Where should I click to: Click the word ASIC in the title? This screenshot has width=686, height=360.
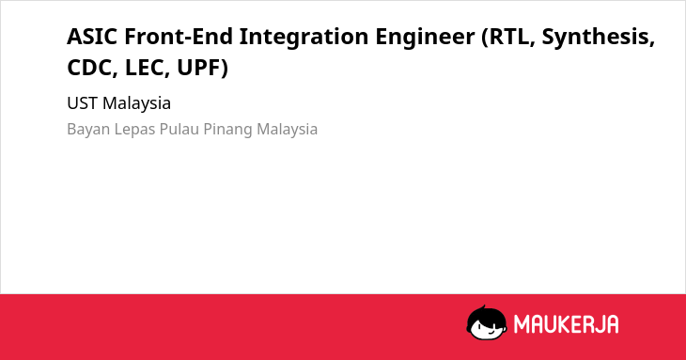92,37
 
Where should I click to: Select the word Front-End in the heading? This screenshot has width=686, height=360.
179,37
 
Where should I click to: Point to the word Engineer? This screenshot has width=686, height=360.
425,38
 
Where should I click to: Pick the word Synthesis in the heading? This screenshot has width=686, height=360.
599,38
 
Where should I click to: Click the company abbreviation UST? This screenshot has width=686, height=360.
83,103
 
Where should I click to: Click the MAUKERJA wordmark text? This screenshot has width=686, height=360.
566,324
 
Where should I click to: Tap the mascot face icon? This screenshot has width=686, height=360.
487,322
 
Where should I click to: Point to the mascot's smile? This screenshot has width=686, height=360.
489,332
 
